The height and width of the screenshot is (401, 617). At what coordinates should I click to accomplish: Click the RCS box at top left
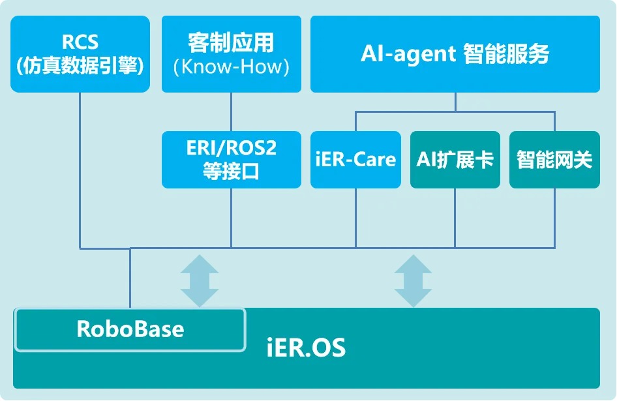coord(80,53)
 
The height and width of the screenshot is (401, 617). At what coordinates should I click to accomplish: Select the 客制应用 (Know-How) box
coord(232,53)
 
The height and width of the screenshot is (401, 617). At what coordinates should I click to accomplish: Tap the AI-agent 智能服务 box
coord(455,53)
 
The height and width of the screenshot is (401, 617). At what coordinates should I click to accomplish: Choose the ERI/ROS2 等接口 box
coord(232,160)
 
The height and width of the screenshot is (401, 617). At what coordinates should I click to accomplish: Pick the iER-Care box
coord(355,160)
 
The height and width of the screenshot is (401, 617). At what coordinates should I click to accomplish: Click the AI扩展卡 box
coord(455,160)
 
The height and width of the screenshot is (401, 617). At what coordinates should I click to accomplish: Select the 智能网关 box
coord(554,160)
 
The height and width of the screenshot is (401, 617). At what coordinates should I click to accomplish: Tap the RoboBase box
coord(130,329)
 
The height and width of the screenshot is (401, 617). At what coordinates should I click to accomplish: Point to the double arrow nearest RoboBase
coord(200,280)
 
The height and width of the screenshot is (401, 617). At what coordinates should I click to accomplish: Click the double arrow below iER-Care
coord(413,280)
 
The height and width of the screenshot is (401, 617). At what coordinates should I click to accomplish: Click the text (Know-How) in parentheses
coord(232,67)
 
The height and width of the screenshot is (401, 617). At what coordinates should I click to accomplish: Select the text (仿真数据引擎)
coord(80,66)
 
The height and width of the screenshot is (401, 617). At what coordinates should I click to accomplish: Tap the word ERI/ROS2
coord(232,148)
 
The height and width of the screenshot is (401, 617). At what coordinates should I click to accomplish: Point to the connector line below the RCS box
coord(80,170)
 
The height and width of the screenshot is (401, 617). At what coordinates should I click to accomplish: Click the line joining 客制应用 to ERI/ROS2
coord(232,112)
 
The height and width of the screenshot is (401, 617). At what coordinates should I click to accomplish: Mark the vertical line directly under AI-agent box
coord(455,102)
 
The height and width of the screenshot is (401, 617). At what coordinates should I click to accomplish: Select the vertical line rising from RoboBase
coord(130,277)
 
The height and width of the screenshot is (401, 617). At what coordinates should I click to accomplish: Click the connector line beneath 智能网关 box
coord(554,218)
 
